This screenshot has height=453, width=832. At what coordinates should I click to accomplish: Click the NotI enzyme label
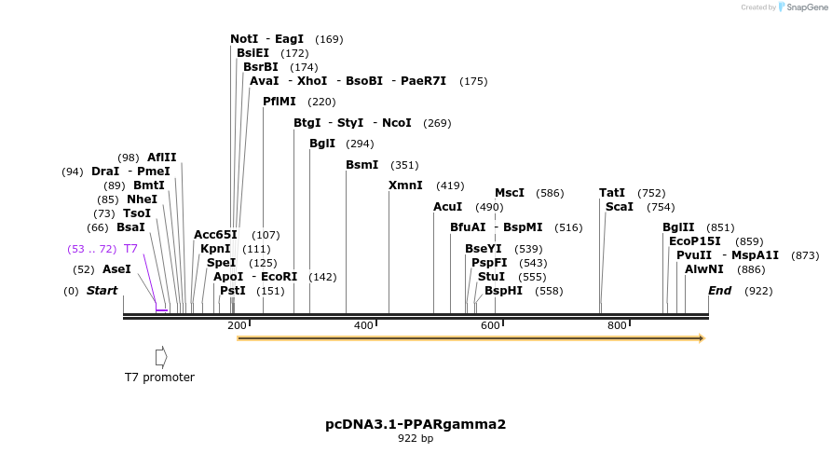244,39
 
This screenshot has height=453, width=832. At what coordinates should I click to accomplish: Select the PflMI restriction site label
280,102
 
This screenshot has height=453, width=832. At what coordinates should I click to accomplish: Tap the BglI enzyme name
322,144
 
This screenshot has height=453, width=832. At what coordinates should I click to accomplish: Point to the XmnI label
405,185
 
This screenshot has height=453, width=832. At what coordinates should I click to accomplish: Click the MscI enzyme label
510,193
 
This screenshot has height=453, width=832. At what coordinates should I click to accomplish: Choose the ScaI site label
620,207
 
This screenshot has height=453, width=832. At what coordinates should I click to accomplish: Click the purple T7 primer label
130,249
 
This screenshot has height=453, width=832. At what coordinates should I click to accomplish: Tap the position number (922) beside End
759,291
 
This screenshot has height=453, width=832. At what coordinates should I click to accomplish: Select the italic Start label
102,291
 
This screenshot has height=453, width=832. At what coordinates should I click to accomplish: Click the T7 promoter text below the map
159,377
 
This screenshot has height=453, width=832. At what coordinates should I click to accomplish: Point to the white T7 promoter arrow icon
161,356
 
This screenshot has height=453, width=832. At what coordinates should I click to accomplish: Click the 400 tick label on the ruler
363,325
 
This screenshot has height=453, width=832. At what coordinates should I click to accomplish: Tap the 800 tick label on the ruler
617,325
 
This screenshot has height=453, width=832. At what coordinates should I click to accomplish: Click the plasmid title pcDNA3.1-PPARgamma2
416,424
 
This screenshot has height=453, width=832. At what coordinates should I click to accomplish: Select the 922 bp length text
416,438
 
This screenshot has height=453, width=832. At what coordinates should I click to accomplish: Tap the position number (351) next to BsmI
404,165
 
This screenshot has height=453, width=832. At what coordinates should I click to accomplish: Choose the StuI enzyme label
491,277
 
